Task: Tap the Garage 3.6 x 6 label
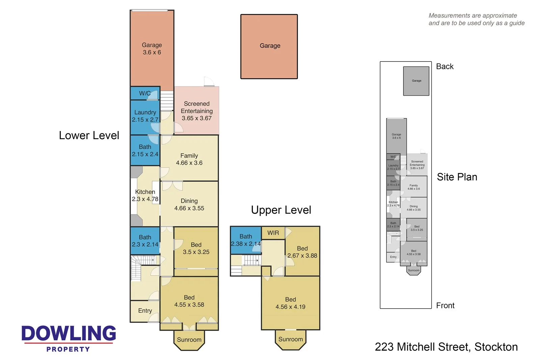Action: pos(152,49)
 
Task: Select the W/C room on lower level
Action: pos(145,93)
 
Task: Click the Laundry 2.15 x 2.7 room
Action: pos(145,116)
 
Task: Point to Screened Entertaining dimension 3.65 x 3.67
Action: pos(196,118)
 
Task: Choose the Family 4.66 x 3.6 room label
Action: pos(189,159)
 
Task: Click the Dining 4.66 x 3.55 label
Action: pos(189,205)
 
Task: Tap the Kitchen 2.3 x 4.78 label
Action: pos(145,196)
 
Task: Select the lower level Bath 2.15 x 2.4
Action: pos(145,150)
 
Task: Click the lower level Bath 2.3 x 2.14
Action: pos(145,241)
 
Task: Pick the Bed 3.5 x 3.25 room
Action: pos(196,248)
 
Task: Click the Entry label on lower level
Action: pos(145,311)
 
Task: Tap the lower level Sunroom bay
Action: pos(189,340)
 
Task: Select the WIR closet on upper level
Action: pos(273,233)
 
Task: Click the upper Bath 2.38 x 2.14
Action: pos(246,240)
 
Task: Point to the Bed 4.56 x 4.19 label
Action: pos(290,303)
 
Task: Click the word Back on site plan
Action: pos(444,67)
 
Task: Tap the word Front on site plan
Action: pos(445,306)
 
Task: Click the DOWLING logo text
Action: pos(69,333)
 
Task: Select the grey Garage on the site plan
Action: pos(416,81)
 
